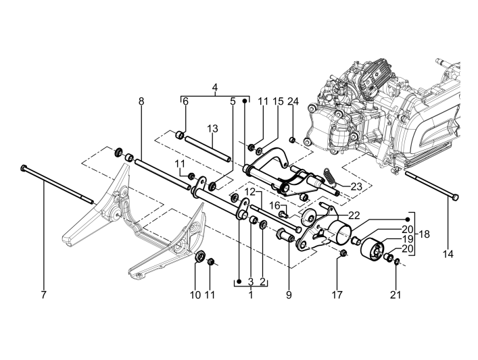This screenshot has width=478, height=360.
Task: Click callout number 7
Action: [x=44, y=294]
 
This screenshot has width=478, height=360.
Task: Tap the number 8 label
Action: [x=141, y=101]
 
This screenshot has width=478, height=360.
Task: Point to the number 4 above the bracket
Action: [x=215, y=87]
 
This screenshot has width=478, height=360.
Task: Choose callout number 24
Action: [x=292, y=101]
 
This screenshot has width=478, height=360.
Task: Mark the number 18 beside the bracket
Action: [x=424, y=234]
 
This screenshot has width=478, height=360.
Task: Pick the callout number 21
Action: [x=396, y=294]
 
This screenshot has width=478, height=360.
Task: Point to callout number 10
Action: [x=196, y=294]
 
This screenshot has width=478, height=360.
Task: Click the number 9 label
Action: [x=289, y=294]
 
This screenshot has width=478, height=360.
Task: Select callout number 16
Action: [x=276, y=205]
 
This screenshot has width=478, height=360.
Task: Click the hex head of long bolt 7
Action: [x=24, y=167]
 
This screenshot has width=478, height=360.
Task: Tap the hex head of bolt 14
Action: [x=454, y=196]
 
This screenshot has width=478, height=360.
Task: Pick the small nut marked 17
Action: [x=342, y=254]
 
